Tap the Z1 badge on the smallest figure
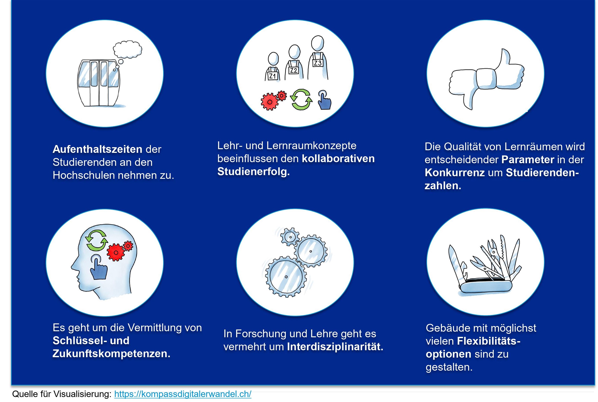tap(272, 76)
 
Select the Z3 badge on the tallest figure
tap(318, 63)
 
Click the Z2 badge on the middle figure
tap(293, 70)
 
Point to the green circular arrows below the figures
tap(301, 100)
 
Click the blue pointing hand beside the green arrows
tap(324, 101)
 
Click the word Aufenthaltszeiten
tap(97, 149)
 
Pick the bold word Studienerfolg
tap(253, 171)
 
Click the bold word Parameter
tap(528, 160)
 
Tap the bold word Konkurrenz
tap(455, 173)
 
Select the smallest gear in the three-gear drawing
tap(290, 237)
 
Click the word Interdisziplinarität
tap(335, 347)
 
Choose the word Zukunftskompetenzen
tap(111, 354)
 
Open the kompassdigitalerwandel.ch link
tap(183, 394)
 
